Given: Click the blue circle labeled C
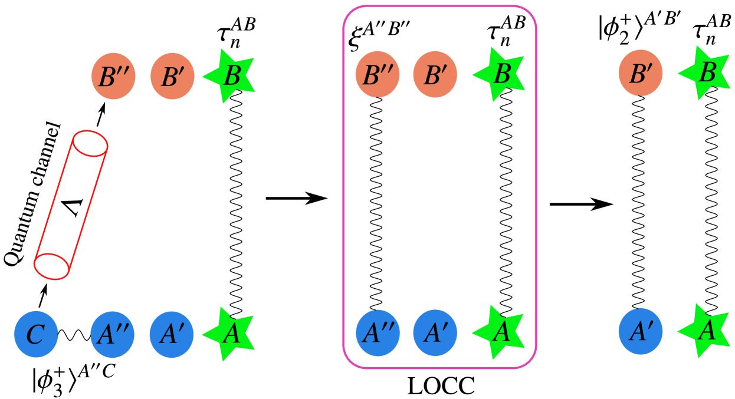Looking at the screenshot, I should (36, 334).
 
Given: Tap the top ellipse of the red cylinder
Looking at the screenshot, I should (90, 144).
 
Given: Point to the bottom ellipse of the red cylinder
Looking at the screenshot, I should (52, 266).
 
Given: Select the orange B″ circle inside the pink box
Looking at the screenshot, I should (377, 75).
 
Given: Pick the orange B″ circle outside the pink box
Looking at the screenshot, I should (113, 77).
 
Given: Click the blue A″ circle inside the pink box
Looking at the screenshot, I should (378, 333).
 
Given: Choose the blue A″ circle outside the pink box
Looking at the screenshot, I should (112, 335).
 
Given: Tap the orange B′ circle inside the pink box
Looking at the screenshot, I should (435, 75).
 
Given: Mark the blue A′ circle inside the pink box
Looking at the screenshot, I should (435, 333).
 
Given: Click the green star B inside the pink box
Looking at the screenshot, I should (500, 75).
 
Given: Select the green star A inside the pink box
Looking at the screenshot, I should (500, 332).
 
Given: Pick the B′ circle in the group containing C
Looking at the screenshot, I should (172, 77).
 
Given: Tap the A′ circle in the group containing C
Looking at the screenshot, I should (171, 335).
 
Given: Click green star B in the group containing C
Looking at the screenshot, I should (231, 77).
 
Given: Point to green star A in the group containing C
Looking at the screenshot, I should (230, 334).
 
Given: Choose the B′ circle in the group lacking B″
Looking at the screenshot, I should (640, 74).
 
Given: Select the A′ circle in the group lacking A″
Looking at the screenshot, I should (640, 331).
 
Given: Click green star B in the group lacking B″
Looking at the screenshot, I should (706, 74).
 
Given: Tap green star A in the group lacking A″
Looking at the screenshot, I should (705, 331).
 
